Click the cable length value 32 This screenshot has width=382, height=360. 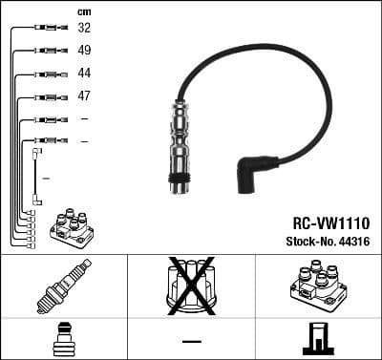84,29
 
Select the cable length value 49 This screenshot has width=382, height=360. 84,51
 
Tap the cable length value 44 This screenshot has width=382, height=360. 84,74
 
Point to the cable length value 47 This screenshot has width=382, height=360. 84,96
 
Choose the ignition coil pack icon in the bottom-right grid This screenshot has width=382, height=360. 318,287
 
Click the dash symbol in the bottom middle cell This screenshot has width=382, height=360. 191,339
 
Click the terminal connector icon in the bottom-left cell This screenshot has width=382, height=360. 63,339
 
